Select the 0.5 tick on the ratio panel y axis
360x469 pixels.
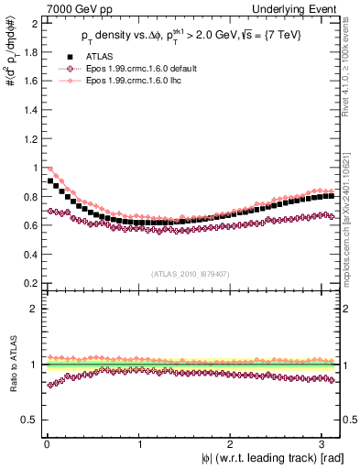pyautogui.click(x=27, y=420)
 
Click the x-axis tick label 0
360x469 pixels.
pyautogui.click(x=46, y=444)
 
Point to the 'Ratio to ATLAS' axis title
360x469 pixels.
pyautogui.click(x=10, y=366)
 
